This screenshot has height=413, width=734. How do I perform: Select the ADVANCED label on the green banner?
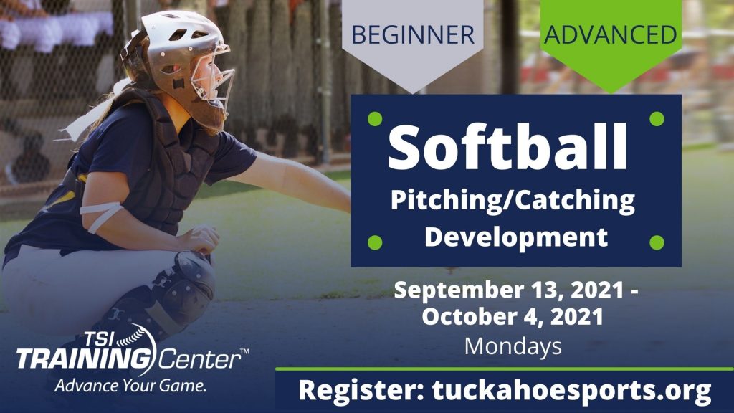[x=610, y=34]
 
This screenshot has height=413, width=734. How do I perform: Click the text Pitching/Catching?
[x=513, y=201]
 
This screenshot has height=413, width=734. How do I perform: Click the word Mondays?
[x=513, y=346]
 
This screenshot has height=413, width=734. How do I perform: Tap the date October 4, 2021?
[x=513, y=317]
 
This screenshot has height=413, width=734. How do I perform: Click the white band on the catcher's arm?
[x=100, y=216]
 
